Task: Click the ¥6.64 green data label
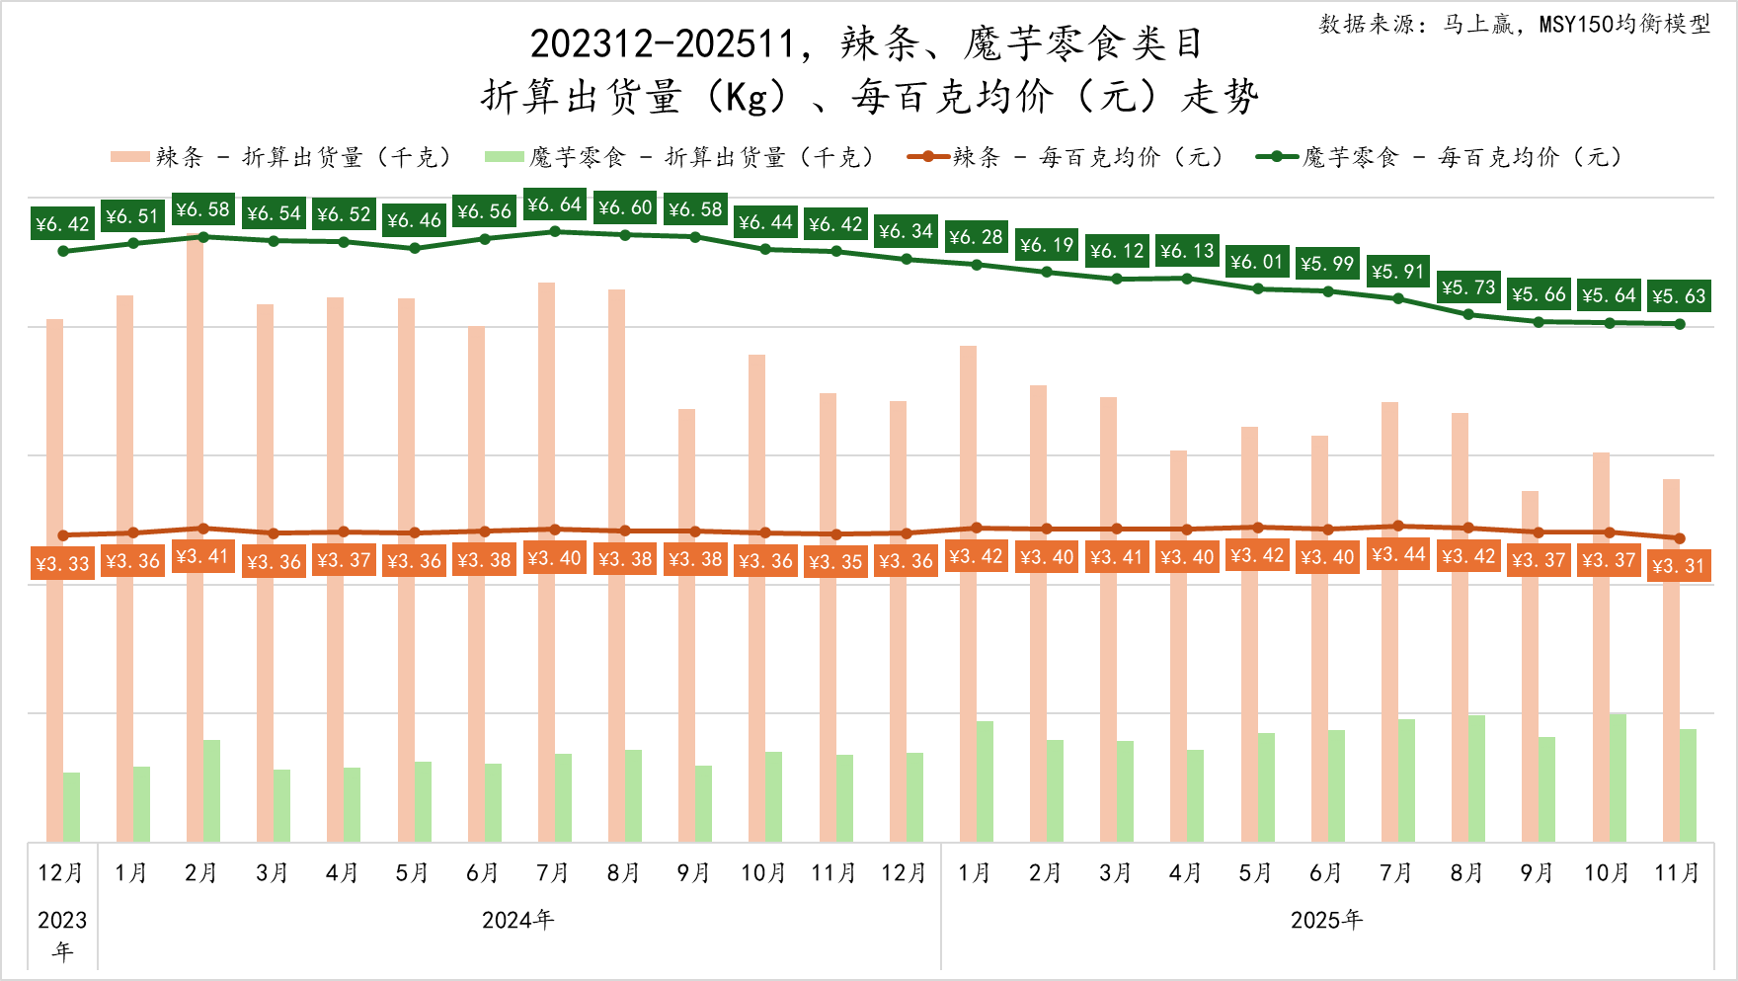pyautogui.click(x=554, y=204)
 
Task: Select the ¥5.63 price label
pyautogui.click(x=1679, y=295)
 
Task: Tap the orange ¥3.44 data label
pyautogui.click(x=1398, y=555)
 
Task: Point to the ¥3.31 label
pyautogui.click(x=1679, y=566)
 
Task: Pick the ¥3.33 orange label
pyautogui.click(x=62, y=564)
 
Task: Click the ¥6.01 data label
pyautogui.click(x=1257, y=262)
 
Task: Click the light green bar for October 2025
pyautogui.click(x=1618, y=777)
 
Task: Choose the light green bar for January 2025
pyautogui.click(x=985, y=781)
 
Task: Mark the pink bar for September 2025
pyautogui.click(x=1530, y=666)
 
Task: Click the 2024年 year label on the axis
pyautogui.click(x=517, y=921)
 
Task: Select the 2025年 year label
pyautogui.click(x=1326, y=921)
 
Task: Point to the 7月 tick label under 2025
pyautogui.click(x=1396, y=873)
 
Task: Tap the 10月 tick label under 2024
pyautogui.click(x=763, y=873)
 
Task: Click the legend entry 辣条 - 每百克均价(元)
pyautogui.click(x=1066, y=157)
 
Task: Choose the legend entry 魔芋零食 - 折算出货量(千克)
pyautogui.click(x=681, y=157)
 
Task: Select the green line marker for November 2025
pyautogui.click(x=1680, y=324)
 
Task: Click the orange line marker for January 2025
pyautogui.click(x=977, y=529)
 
